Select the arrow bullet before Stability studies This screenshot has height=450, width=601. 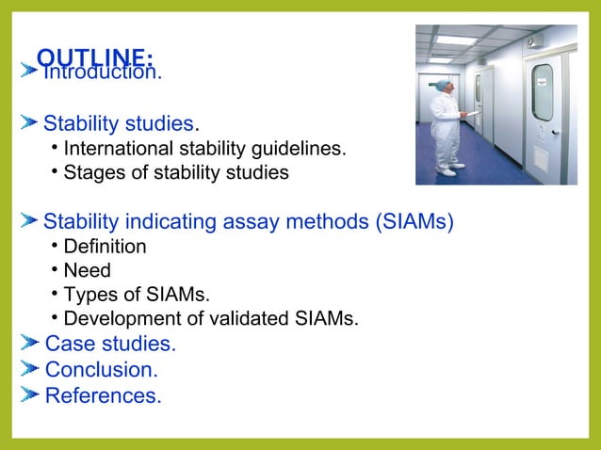[x=29, y=123]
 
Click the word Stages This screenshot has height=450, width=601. [x=91, y=173]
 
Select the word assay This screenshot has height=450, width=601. [x=250, y=222]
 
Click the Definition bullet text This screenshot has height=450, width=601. [x=105, y=247]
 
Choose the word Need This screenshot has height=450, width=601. [x=87, y=271]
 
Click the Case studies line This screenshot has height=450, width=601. [x=110, y=345]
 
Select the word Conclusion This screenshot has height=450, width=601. [x=101, y=370]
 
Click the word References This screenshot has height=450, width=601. [x=103, y=395]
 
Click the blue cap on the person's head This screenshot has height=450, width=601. [x=442, y=84]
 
